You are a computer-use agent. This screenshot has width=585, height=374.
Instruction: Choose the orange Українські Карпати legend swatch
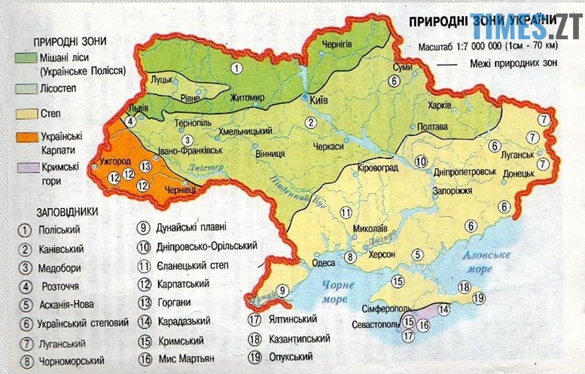28,142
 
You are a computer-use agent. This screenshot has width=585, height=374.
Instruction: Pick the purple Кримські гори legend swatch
28,170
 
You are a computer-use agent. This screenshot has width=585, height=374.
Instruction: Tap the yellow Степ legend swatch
28,115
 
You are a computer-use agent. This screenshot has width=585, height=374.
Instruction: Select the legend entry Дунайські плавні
190,227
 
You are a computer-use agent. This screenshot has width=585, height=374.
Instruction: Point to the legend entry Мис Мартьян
186,358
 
